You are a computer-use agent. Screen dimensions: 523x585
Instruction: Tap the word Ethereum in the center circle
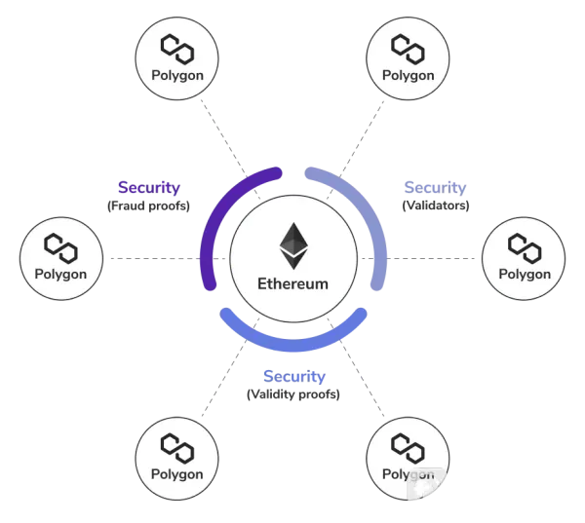pyautogui.click(x=292, y=285)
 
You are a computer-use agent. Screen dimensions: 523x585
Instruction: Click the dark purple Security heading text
pyautogui.click(x=143, y=185)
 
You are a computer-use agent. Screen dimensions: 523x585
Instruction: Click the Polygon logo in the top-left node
pyautogui.click(x=177, y=46)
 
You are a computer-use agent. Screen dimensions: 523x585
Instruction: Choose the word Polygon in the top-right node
pyautogui.click(x=408, y=75)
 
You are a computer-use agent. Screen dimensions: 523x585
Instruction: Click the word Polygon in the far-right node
pyautogui.click(x=524, y=274)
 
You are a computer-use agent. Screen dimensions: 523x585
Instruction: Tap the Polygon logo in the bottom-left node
pyautogui.click(x=177, y=445)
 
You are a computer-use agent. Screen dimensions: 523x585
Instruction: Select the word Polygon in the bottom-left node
pyautogui.click(x=177, y=474)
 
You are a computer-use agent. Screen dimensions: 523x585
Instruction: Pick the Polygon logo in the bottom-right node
pyautogui.click(x=408, y=445)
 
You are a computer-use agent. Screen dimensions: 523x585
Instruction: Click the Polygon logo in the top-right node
pyautogui.click(x=408, y=46)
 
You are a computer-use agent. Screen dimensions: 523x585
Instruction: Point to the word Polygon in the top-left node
pyautogui.click(x=177, y=75)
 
